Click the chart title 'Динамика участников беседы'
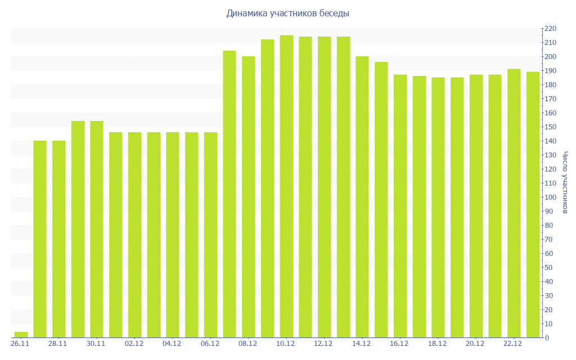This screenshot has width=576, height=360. [287, 13]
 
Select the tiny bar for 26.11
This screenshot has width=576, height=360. [21, 335]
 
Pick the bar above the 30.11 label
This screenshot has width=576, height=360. [97, 229]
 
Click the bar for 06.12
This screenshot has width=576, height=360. [210, 235]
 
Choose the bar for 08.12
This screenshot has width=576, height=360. [249, 197]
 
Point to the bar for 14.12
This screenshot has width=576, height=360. [362, 197]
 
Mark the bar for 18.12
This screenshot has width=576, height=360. [438, 208]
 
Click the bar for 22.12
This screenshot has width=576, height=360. [514, 203]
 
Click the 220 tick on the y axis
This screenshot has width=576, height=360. [550, 29]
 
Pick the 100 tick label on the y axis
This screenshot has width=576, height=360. [550, 197]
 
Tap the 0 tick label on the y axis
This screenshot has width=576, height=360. [547, 338]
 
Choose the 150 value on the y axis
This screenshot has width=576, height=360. [550, 127]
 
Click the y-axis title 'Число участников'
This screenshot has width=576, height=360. [565, 183]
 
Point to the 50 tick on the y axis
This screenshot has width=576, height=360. [548, 268]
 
